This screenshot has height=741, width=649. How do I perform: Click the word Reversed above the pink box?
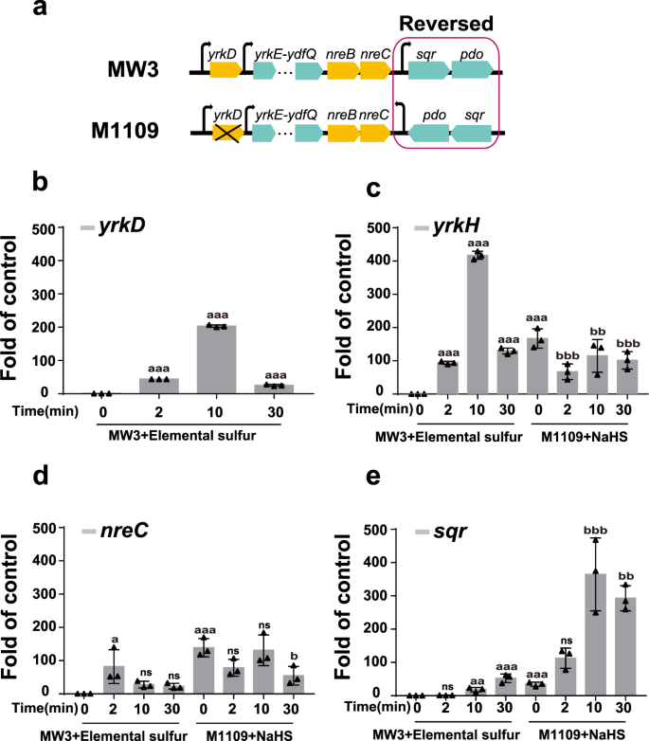point(446,22)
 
